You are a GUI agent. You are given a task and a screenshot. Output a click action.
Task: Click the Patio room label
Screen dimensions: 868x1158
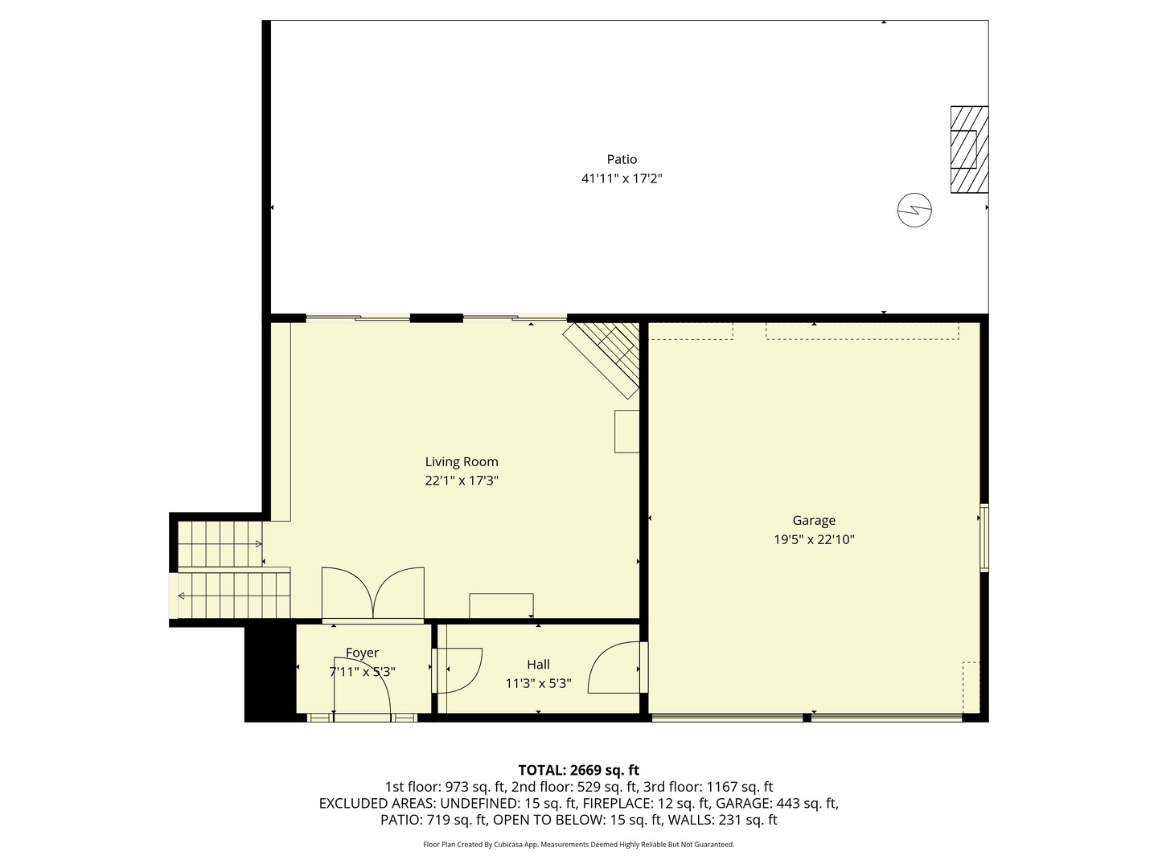(x=622, y=159)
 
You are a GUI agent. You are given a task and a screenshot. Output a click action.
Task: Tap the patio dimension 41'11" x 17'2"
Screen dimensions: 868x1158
(x=622, y=178)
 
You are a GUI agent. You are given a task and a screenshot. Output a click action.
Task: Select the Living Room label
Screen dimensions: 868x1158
(x=462, y=461)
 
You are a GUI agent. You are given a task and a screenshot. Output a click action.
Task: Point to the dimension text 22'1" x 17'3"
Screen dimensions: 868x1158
(x=462, y=481)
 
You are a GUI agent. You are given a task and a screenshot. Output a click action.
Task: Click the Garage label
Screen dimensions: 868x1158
(x=814, y=520)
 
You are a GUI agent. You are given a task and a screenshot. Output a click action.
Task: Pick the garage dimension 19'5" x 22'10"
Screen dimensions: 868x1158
(x=814, y=539)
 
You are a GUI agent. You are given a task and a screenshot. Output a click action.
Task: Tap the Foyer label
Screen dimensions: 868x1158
(x=362, y=653)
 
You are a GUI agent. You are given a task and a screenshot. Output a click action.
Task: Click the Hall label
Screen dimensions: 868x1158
(x=538, y=664)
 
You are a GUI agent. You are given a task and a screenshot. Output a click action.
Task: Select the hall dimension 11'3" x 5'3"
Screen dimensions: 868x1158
(x=538, y=683)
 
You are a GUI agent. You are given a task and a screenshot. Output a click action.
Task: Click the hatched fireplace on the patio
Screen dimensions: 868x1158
(x=968, y=149)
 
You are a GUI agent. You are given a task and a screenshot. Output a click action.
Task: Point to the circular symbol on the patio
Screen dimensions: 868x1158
(x=914, y=211)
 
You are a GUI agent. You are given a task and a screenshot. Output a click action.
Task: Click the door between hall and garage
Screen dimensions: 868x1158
(x=616, y=667)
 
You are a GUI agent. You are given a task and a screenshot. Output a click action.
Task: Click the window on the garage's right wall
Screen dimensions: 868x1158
(x=983, y=537)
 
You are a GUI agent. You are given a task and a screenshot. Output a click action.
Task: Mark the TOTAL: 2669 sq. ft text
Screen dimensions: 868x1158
(x=578, y=770)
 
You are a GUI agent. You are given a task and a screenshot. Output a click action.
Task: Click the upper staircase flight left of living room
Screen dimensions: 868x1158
(x=220, y=544)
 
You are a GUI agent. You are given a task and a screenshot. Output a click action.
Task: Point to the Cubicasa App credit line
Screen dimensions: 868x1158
(x=578, y=845)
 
